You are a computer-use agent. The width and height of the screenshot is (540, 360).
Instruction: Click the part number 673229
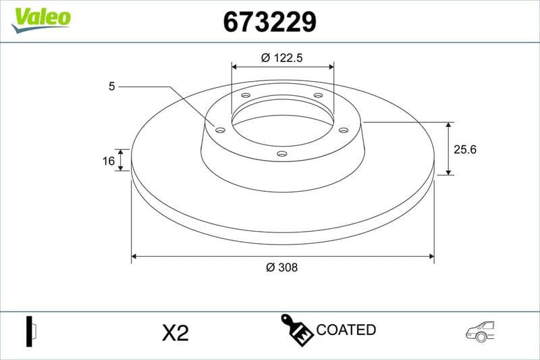pyautogui.click(x=269, y=22)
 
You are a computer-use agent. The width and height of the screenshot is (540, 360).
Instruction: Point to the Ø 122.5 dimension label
pyautogui.click(x=281, y=58)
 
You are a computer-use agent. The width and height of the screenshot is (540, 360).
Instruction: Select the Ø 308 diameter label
pyautogui.click(x=281, y=267)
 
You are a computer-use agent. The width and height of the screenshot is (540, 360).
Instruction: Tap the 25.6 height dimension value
pyautogui.click(x=465, y=149)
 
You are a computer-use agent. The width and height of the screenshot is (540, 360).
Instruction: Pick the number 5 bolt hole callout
pyautogui.click(x=111, y=86)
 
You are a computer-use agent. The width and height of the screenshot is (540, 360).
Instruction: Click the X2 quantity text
pyautogui.click(x=175, y=332)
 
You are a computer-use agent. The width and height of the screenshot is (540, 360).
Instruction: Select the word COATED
pyautogui.click(x=346, y=330)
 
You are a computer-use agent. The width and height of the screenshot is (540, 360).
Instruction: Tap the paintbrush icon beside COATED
pyautogui.click(x=296, y=330)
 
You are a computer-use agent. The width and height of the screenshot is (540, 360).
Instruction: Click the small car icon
pyautogui.click(x=480, y=330)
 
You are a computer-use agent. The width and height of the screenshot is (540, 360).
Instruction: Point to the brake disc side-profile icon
pyautogui.click(x=32, y=331)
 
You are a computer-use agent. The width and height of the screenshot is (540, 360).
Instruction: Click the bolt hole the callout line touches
pyautogui.click(x=219, y=130)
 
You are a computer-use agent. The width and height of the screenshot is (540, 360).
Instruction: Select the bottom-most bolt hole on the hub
pyautogui.click(x=282, y=155)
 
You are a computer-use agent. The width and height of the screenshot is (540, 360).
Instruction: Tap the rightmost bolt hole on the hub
pyautogui.click(x=343, y=130)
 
